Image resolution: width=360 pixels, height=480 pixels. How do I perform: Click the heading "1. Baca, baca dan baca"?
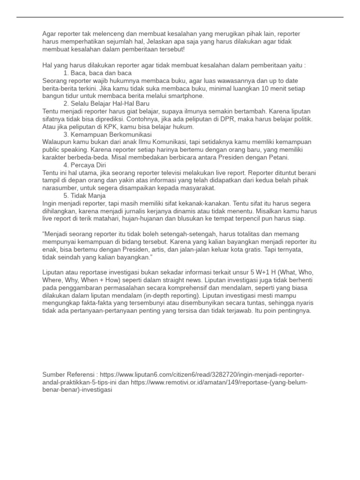pos(97,74)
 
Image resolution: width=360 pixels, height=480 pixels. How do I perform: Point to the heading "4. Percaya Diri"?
pos(85,165)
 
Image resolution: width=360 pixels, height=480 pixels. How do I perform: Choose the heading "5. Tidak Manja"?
pos(84,195)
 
